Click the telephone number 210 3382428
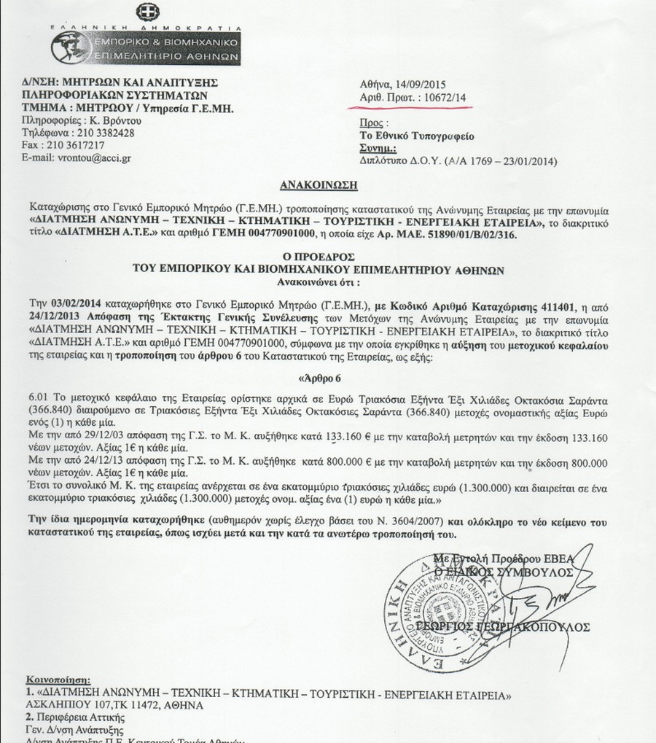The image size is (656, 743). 107,133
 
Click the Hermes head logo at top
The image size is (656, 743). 72,47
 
